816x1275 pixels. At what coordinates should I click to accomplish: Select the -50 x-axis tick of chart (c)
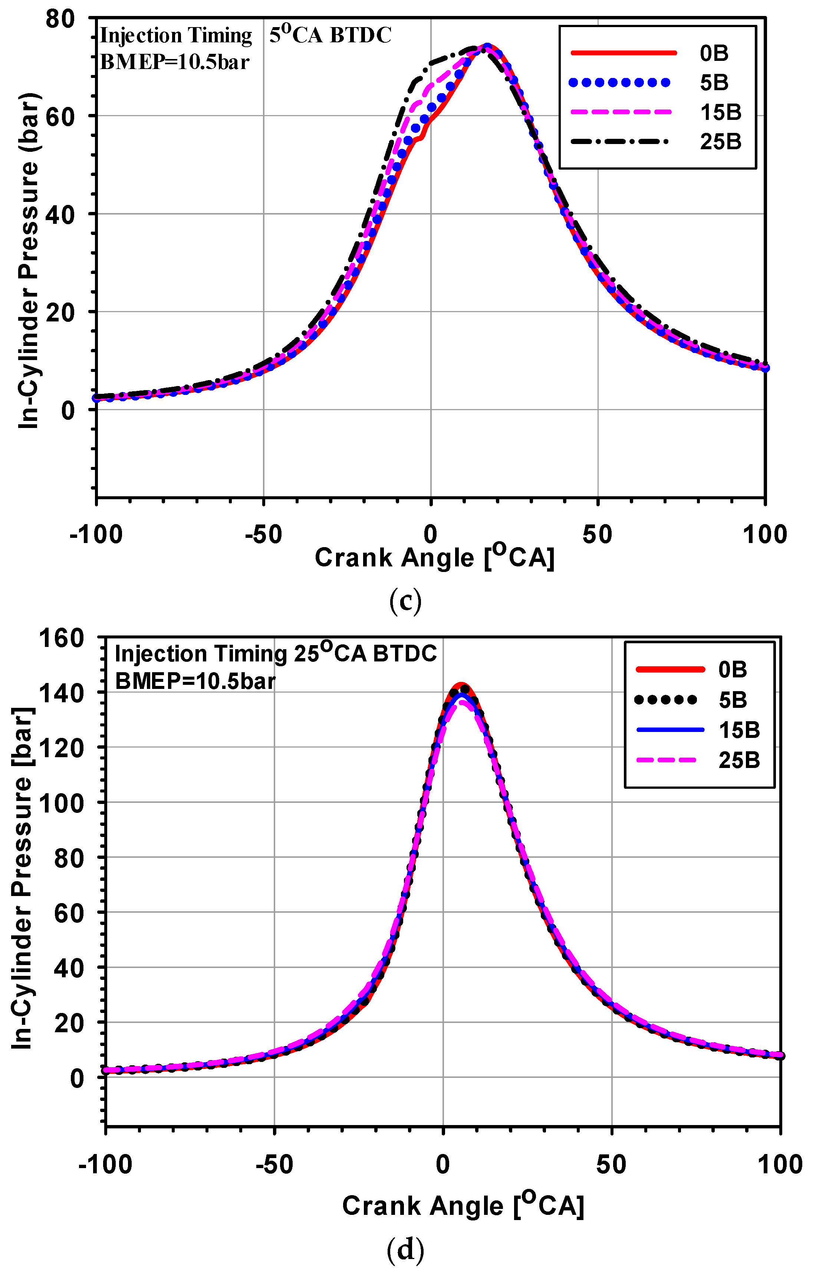point(263,534)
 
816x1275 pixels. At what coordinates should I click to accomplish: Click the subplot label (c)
point(405,601)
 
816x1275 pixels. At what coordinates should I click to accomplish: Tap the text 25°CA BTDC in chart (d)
point(365,653)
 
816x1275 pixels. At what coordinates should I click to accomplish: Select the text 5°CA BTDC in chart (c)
point(330,35)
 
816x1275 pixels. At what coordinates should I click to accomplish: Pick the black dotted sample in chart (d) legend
point(665,700)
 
